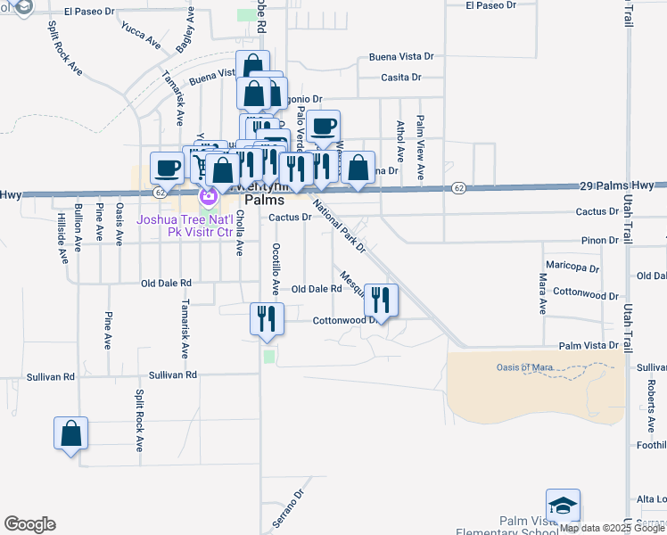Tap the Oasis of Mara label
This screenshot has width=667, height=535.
(x=526, y=367)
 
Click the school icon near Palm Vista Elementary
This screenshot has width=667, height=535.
(x=564, y=506)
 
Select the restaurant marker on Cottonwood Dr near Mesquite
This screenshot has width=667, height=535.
(x=382, y=301)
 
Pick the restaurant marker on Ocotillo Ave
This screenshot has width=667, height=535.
(x=267, y=319)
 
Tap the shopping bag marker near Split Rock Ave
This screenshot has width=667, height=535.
(x=71, y=434)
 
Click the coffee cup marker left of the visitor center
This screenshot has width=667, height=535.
(x=167, y=168)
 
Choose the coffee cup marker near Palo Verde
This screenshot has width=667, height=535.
(x=324, y=127)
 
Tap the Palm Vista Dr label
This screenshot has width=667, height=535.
(x=588, y=345)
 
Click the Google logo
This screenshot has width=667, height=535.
(x=29, y=524)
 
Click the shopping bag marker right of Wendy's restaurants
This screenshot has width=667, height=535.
(x=358, y=169)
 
